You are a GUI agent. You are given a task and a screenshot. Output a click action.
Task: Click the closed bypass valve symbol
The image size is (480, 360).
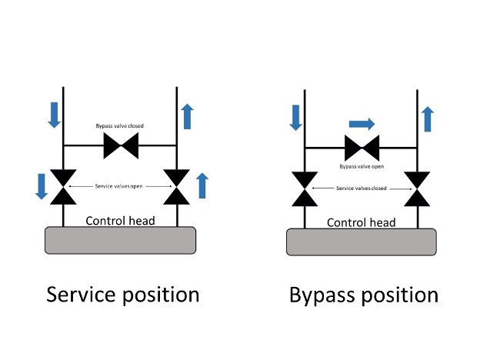pyautogui.click(x=120, y=145)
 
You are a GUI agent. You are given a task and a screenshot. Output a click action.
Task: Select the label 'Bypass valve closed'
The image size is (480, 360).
pyautogui.click(x=119, y=125)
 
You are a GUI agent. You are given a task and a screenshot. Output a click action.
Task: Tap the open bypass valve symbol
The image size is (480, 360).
pyautogui.click(x=362, y=147)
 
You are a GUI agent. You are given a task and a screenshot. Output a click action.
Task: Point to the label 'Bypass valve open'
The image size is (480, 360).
pyautogui.click(x=362, y=166)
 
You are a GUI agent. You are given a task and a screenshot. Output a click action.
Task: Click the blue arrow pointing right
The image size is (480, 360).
pyautogui.click(x=362, y=122)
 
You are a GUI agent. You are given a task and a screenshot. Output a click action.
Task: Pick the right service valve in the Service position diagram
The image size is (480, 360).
pyautogui.click(x=178, y=187)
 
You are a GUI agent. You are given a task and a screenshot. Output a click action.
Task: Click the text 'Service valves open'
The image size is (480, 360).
pyautogui.click(x=119, y=186)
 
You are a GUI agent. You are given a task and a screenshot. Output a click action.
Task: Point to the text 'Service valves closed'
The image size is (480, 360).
pyautogui.click(x=361, y=188)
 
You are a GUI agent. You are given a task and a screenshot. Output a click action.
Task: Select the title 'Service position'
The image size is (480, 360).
pyautogui.click(x=123, y=295)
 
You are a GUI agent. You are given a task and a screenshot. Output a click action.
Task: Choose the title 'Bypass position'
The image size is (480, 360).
pyautogui.click(x=364, y=295)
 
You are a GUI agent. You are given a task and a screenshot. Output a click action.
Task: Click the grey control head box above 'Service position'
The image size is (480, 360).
pyautogui.click(x=120, y=240)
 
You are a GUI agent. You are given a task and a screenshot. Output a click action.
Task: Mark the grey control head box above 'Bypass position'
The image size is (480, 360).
pyautogui.click(x=362, y=242)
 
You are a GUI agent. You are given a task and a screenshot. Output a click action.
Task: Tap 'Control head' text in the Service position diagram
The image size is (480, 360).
pyautogui.click(x=120, y=221)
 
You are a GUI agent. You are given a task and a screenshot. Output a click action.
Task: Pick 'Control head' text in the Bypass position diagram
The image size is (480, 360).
pyautogui.click(x=362, y=222)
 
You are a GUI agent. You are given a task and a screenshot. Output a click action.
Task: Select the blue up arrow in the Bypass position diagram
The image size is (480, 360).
pyautogui.click(x=428, y=119)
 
